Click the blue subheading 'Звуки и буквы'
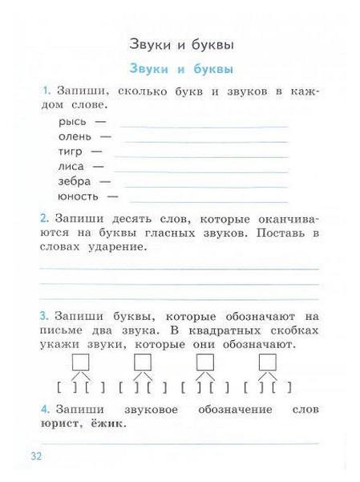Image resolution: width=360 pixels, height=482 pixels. coord(186,69)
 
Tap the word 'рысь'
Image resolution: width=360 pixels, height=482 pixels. coord(72,122)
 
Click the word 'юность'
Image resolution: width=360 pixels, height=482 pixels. coord(78,196)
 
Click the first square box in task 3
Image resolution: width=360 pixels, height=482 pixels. coord(80,363)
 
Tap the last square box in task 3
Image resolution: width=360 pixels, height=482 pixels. coord(267,363)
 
